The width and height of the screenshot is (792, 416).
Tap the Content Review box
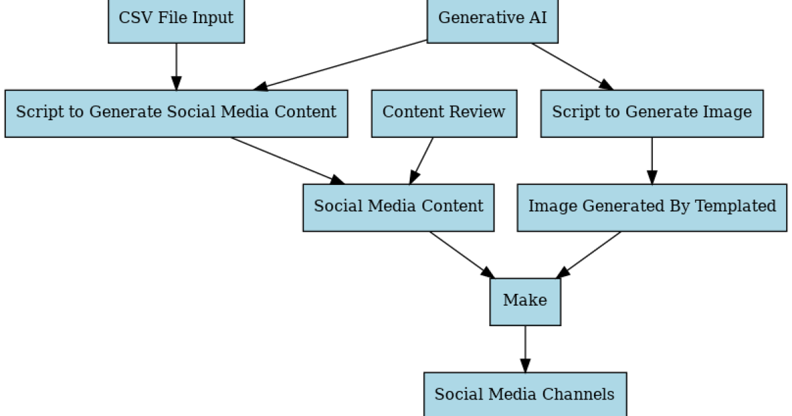pyautogui.click(x=444, y=113)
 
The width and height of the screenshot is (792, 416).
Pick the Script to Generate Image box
pyautogui.click(x=651, y=113)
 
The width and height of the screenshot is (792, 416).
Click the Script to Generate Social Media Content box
pyautogui.click(x=176, y=113)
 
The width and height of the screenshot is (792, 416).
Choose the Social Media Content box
pyautogui.click(x=398, y=207)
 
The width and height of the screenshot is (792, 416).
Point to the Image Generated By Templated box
pyautogui.click(x=651, y=207)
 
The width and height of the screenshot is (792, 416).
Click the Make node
pyautogui.click(x=525, y=301)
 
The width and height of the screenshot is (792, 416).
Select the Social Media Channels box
pyautogui.click(x=524, y=395)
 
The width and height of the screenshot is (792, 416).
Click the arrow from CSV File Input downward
pyautogui.click(x=176, y=66)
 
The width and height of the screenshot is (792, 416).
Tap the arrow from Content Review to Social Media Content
pyautogui.click(x=422, y=160)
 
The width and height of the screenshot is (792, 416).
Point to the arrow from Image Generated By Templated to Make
pyautogui.click(x=589, y=254)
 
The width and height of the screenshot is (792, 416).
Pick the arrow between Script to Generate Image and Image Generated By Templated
pyautogui.click(x=652, y=160)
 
